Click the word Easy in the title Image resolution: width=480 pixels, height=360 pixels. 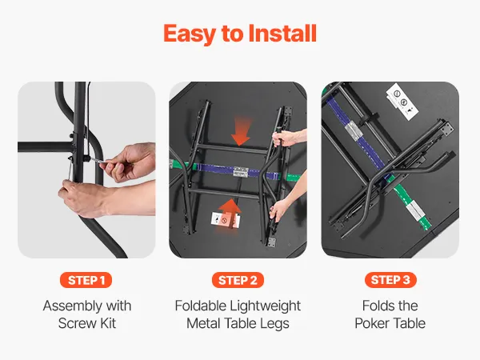click(189, 34)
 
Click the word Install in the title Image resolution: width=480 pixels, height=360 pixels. click(282, 33)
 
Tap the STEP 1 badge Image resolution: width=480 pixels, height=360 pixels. click(86, 280)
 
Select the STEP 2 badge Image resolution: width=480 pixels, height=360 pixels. click(238, 280)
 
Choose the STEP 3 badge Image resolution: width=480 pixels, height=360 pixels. click(390, 280)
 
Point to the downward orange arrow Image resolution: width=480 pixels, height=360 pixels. click(241, 130)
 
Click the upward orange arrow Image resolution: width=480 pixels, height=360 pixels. click(230, 216)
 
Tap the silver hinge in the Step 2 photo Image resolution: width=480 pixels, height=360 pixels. click(240, 172)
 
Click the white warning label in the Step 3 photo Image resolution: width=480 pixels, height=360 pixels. click(402, 102)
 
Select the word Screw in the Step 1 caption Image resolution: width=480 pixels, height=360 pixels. click(74, 323)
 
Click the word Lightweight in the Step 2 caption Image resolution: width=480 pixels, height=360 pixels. click(265, 306)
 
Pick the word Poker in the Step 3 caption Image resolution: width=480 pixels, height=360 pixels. click(370, 323)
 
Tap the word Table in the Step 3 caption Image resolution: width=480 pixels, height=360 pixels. click(408, 323)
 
